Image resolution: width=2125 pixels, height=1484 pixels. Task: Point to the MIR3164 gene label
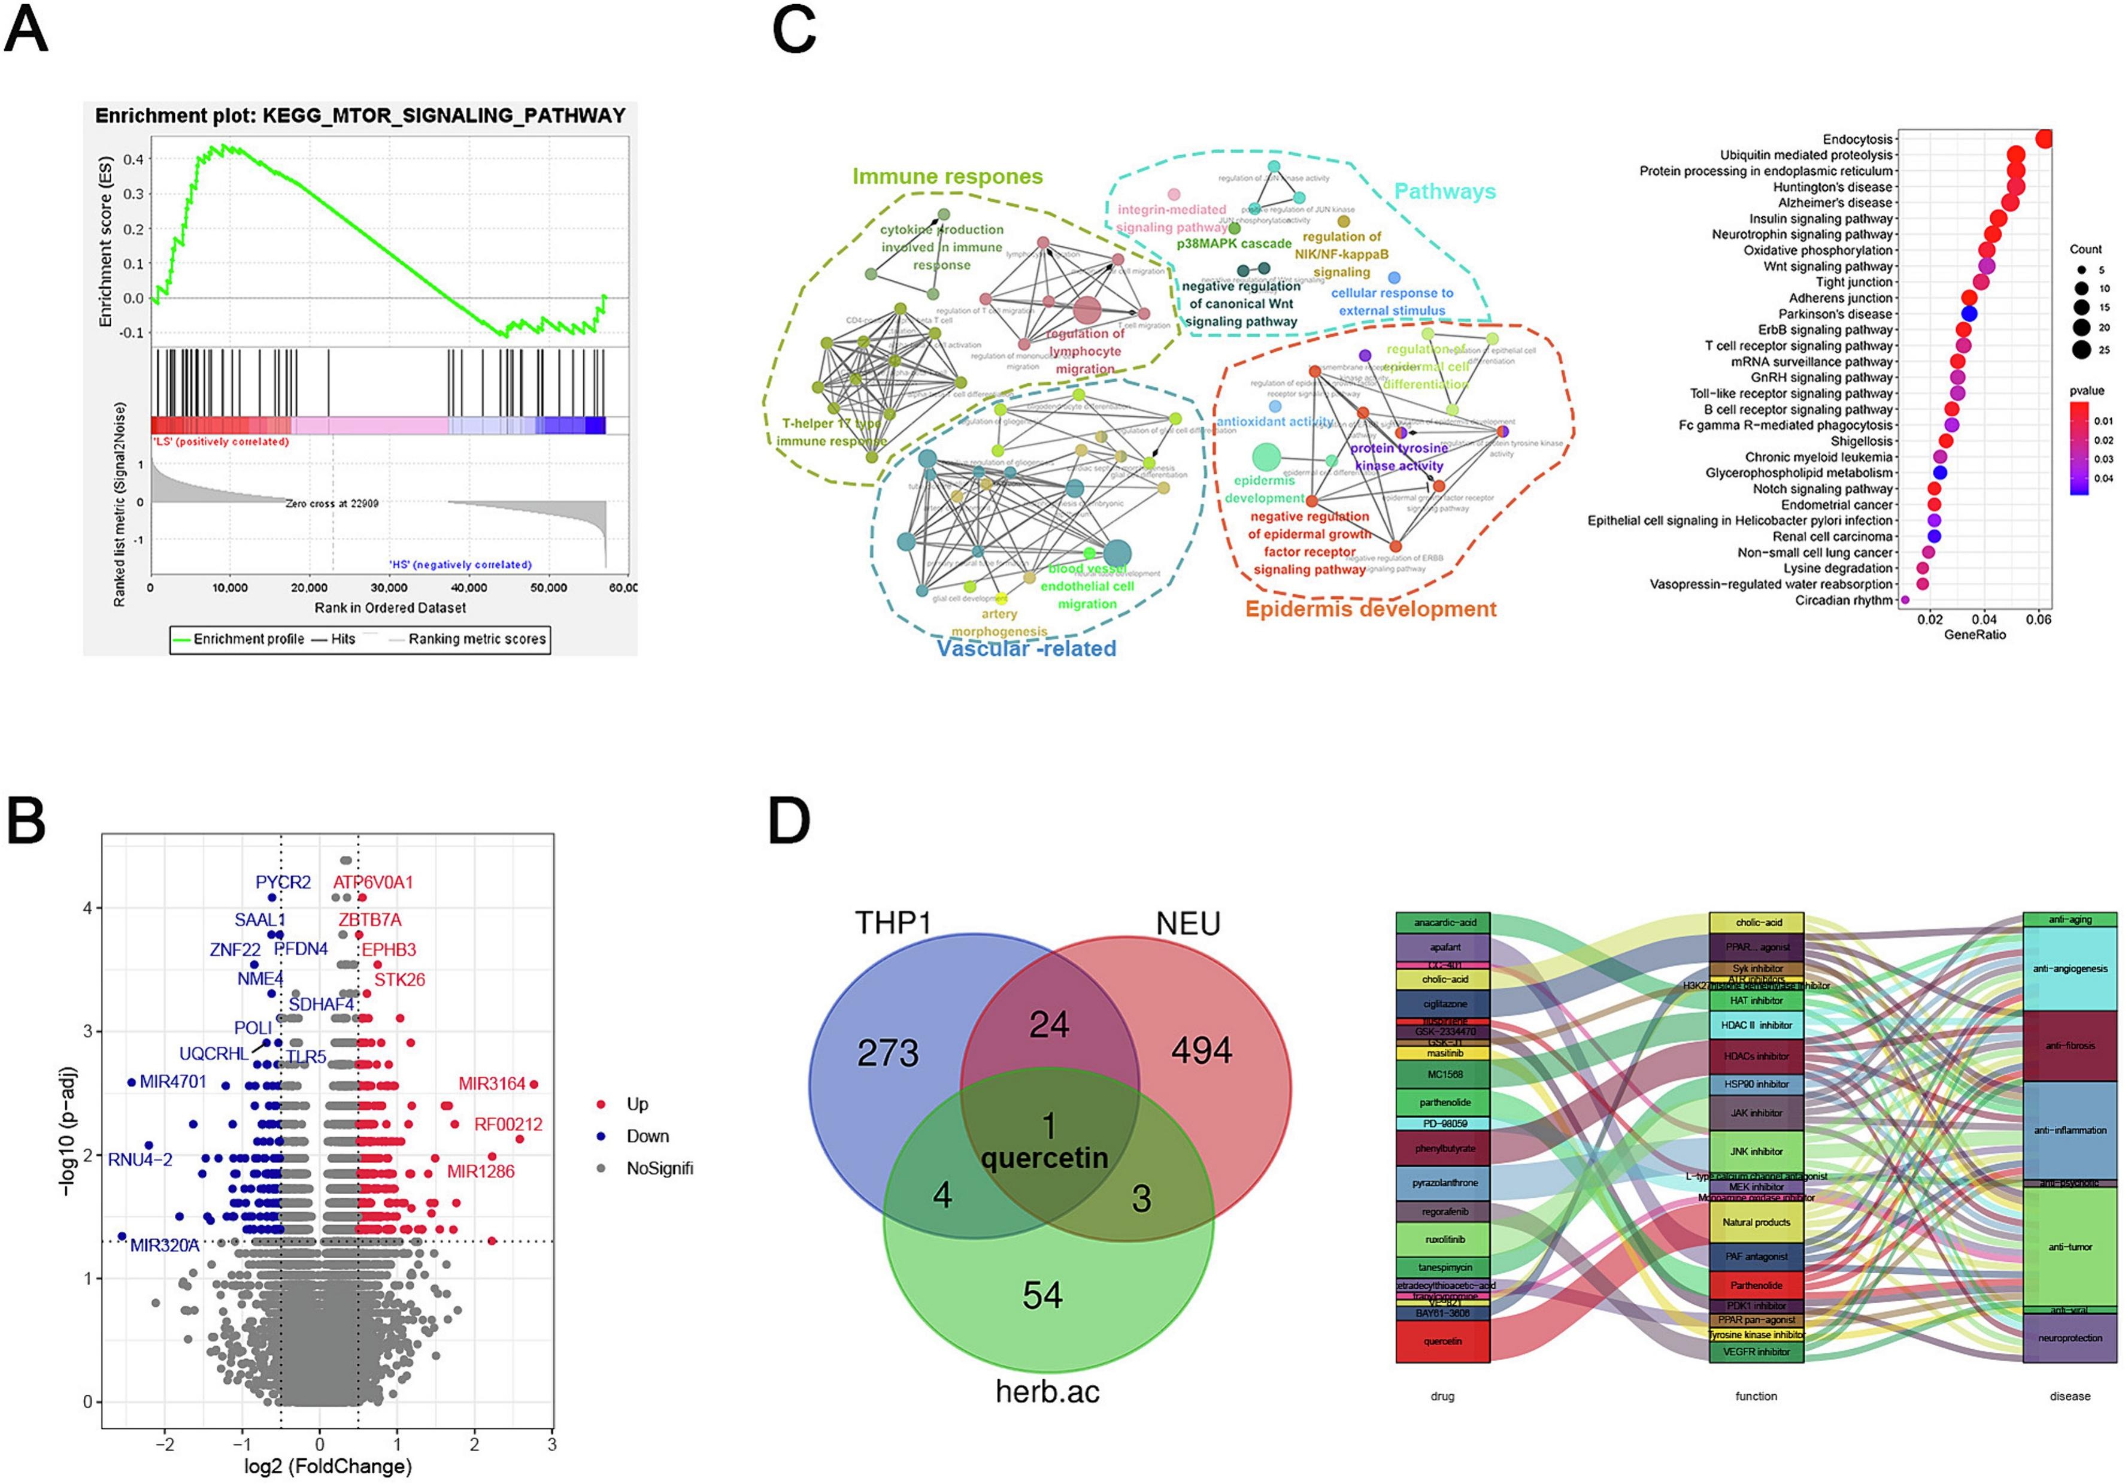(492, 1083)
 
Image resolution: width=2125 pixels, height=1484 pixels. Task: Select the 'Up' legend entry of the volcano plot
(636, 1104)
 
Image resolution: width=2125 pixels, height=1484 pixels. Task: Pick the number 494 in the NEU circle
(1201, 1050)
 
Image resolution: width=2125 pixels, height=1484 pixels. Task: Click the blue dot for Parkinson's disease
(1969, 314)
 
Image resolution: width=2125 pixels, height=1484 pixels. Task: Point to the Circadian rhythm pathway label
(1844, 600)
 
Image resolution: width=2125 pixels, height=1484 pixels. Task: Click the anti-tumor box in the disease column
(2069, 1247)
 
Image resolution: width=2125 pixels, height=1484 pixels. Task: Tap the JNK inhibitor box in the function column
(1756, 1150)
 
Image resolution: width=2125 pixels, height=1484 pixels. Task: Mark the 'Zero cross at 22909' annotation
(331, 504)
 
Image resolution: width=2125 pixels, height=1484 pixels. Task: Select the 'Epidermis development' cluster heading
(1370, 609)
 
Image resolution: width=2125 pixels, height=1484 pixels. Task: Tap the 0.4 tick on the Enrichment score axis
(134, 159)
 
